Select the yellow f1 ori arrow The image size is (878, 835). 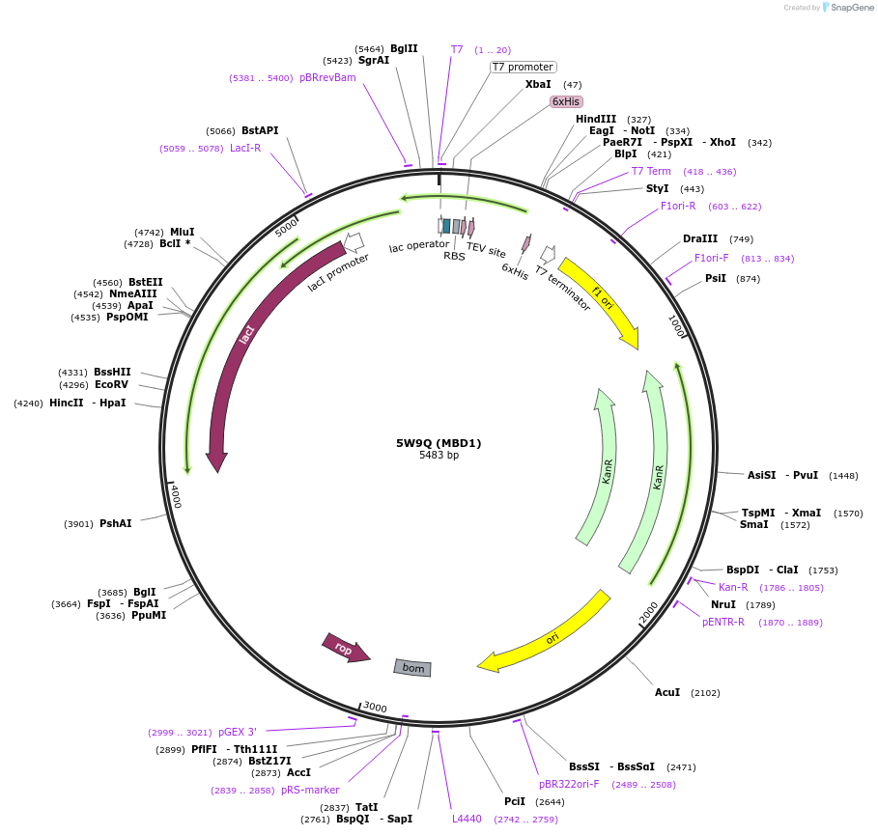pyautogui.click(x=601, y=300)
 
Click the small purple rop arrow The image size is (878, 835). pyautogui.click(x=345, y=649)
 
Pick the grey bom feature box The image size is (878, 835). pyautogui.click(x=412, y=667)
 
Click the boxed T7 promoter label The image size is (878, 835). pyautogui.click(x=523, y=67)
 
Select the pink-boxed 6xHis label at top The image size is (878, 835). pyautogui.click(x=566, y=101)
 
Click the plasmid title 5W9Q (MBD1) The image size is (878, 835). pyautogui.click(x=439, y=443)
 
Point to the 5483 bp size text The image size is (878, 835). pyautogui.click(x=439, y=455)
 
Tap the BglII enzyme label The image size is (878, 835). pyautogui.click(x=404, y=48)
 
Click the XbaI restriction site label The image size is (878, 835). pyautogui.click(x=538, y=84)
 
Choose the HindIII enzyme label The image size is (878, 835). pyautogui.click(x=596, y=119)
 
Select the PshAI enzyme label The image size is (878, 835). pyautogui.click(x=116, y=523)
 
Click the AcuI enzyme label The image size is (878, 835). pyautogui.click(x=667, y=692)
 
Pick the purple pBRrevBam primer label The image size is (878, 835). pyautogui.click(x=327, y=77)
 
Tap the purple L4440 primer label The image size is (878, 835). pyautogui.click(x=467, y=819)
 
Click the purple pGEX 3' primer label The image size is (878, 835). pyautogui.click(x=238, y=732)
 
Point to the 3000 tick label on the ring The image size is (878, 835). pyautogui.click(x=375, y=708)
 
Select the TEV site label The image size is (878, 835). pyautogui.click(x=486, y=251)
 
